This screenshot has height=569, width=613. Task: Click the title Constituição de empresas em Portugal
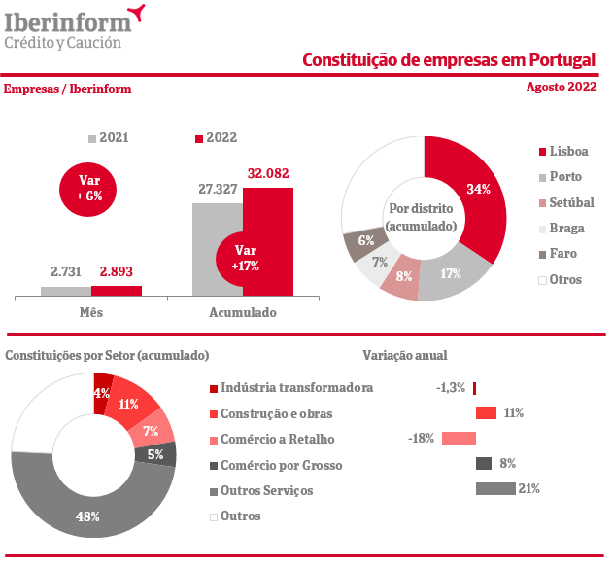coord(449,60)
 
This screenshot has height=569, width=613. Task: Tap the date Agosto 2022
coord(561,88)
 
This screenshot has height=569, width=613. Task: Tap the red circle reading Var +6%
coord(89,187)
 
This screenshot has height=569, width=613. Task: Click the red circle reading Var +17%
coord(245,258)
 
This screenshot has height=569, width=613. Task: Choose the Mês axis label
coord(90,313)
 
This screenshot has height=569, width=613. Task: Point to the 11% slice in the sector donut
coord(129,403)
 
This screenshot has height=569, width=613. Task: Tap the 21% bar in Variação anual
coord(494,488)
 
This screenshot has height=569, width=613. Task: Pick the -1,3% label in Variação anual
coord(451,387)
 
